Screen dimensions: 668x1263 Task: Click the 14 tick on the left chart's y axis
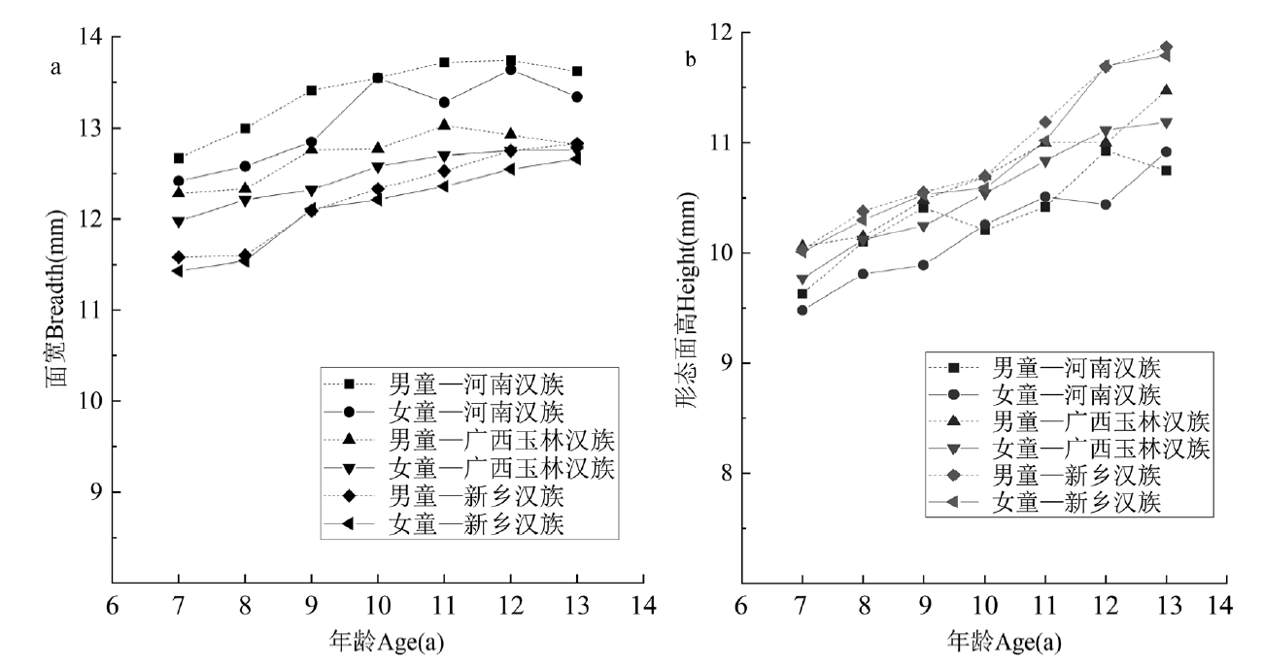(x=95, y=38)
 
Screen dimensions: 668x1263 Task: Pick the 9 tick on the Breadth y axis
(x=101, y=492)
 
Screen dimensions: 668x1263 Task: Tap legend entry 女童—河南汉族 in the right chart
(x=1075, y=394)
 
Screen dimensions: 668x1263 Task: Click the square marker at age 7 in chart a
(x=179, y=158)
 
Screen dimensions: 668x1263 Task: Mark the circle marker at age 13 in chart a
(x=576, y=97)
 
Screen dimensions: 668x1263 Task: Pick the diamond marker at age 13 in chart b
(x=1166, y=47)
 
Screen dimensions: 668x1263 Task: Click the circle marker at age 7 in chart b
(x=802, y=311)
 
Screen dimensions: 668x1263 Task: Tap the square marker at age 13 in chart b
(x=1166, y=170)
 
